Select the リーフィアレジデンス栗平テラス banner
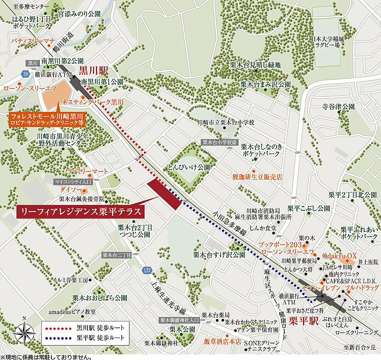point(81,211)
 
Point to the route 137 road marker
point(147,270)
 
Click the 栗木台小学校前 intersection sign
point(219,143)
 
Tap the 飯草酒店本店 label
point(222,340)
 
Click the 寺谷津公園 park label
point(338,106)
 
